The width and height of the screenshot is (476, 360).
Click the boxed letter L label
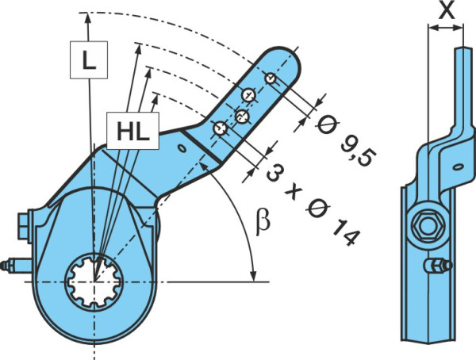[89, 59]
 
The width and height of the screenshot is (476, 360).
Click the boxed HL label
[133, 131]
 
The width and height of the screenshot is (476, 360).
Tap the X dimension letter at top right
[446, 10]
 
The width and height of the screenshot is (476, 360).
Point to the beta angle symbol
[263, 221]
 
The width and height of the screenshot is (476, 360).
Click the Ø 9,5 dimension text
[346, 142]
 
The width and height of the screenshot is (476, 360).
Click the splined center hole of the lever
[94, 281]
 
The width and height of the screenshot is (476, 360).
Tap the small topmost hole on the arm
[270, 79]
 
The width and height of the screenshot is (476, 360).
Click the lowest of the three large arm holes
[220, 128]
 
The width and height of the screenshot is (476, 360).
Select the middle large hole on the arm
[242, 116]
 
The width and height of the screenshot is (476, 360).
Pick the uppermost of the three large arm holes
[249, 94]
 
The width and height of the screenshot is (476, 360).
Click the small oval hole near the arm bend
[182, 148]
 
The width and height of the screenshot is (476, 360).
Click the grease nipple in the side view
[437, 266]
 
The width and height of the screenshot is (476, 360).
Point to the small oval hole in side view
[458, 167]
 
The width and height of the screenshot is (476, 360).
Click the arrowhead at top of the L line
[87, 18]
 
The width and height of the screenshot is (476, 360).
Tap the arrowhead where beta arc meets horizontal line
[254, 275]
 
